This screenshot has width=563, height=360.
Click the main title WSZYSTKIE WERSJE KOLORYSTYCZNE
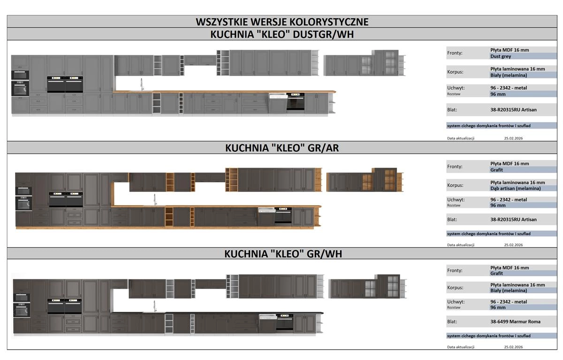coord(282,22)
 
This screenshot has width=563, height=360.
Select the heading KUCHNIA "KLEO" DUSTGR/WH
coord(282,34)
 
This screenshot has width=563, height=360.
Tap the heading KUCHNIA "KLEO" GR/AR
coord(282,148)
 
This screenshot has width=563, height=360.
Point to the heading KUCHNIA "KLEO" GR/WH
coord(283,254)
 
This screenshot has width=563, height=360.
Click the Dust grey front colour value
coord(501,56)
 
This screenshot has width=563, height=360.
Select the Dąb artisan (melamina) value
coord(515,188)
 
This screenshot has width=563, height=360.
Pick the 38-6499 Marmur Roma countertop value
coord(515,322)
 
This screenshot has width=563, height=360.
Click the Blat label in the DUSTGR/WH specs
coord(452,110)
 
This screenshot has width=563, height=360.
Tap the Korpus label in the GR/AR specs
coord(455,185)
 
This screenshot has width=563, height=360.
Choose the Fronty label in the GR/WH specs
coord(455,270)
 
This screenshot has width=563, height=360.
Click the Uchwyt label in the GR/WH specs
coord(456,302)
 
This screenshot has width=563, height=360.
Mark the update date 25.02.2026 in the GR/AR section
coord(513,245)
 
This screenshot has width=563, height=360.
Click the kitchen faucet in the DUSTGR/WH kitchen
coord(142,84)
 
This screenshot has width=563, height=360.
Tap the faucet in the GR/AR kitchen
coord(155,199)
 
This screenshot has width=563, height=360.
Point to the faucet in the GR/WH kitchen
coord(155,306)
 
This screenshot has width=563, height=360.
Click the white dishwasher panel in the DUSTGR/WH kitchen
coord(278,96)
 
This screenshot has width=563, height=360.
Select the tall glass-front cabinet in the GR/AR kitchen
coord(384,179)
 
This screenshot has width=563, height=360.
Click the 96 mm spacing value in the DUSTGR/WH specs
coord(498,94)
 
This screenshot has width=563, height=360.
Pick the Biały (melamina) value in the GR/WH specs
coord(509,291)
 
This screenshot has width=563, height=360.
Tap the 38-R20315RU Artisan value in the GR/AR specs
coord(513,220)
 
